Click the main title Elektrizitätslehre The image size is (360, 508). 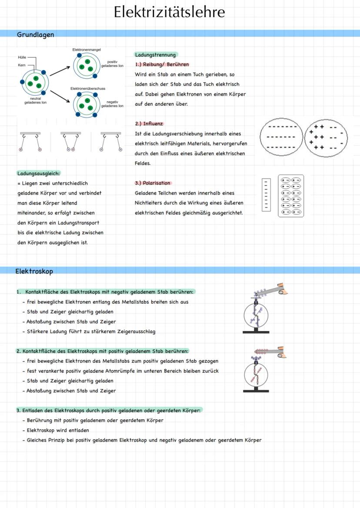pos(170,12)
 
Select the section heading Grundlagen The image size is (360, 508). pos(36,34)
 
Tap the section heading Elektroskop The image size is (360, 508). pos(34,271)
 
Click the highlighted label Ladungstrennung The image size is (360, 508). pos(156,55)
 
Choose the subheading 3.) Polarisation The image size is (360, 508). pos(153,183)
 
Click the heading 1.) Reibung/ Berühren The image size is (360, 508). pos(162,64)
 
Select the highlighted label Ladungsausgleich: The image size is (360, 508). pos(39,173)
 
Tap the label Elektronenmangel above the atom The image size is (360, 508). pos(87,50)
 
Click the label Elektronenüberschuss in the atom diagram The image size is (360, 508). pos(88,89)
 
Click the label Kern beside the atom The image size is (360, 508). pos(22,65)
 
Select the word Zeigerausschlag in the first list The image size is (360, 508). pos(134,332)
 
